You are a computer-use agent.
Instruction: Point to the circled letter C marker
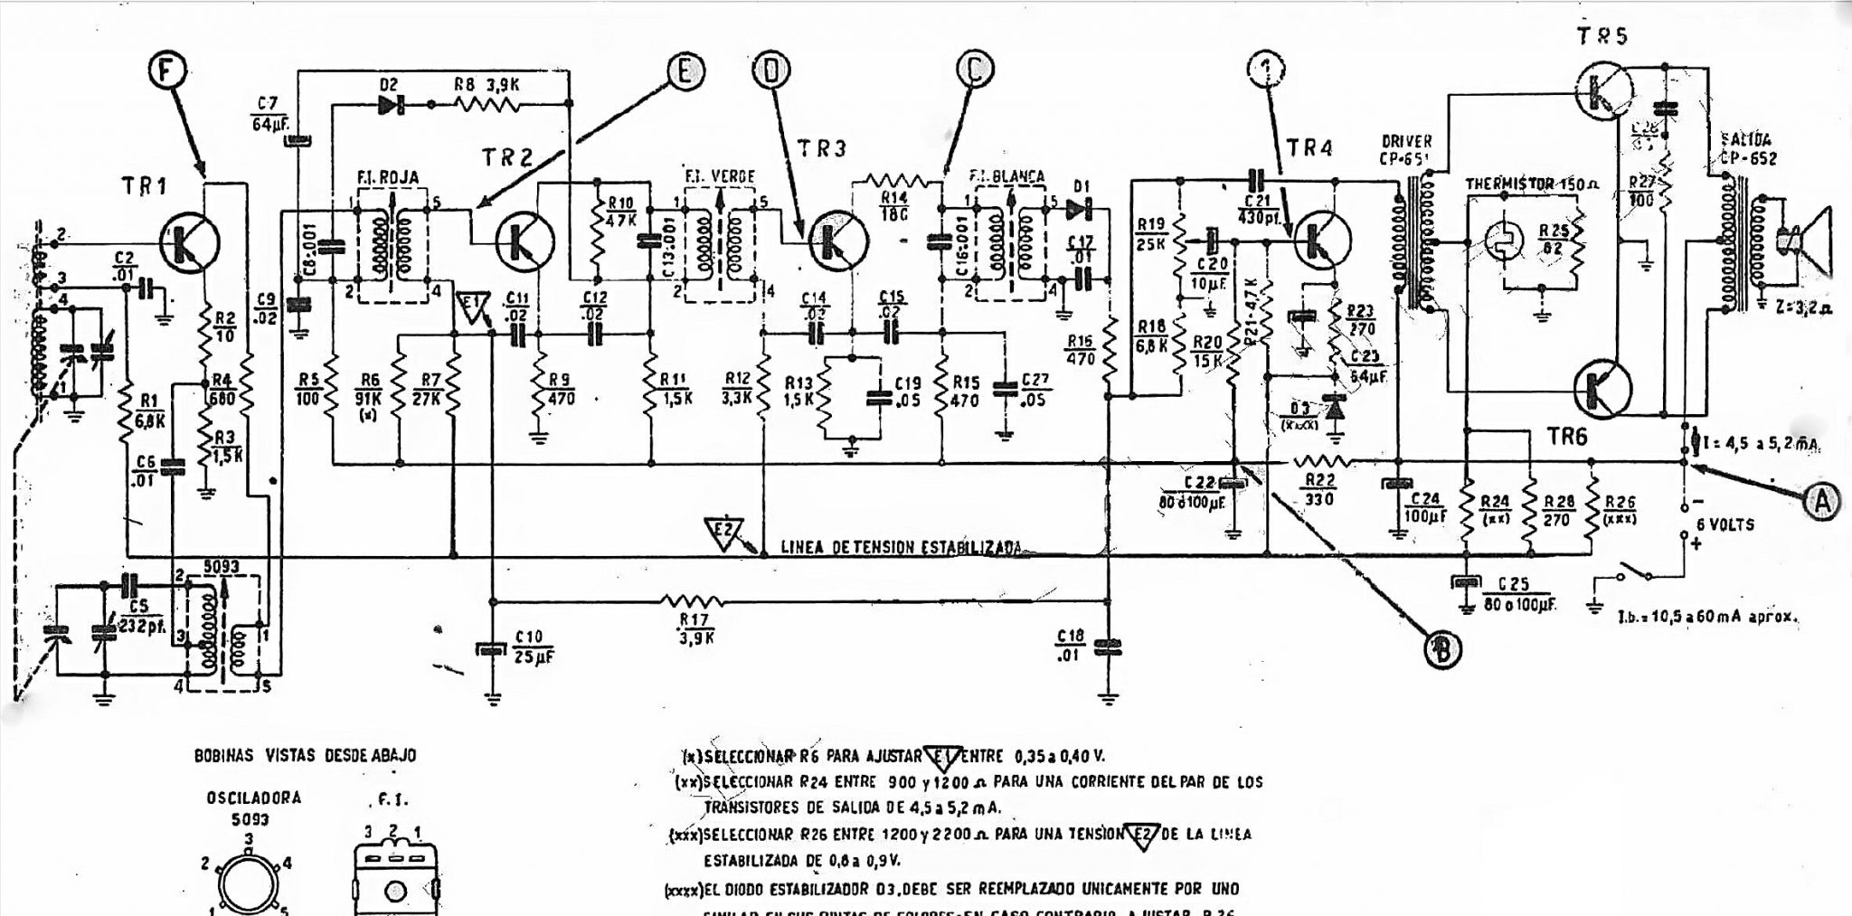pos(976,71)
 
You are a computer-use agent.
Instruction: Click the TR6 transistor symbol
pos(1602,388)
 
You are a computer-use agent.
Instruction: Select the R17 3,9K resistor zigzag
pos(692,600)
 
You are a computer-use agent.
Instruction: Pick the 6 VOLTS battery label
pos(1724,524)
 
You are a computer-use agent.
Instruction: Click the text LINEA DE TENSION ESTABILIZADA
pos(901,547)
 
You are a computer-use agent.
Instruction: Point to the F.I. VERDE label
pos(720,175)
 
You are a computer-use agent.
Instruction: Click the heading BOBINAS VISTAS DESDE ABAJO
pos(306,755)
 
